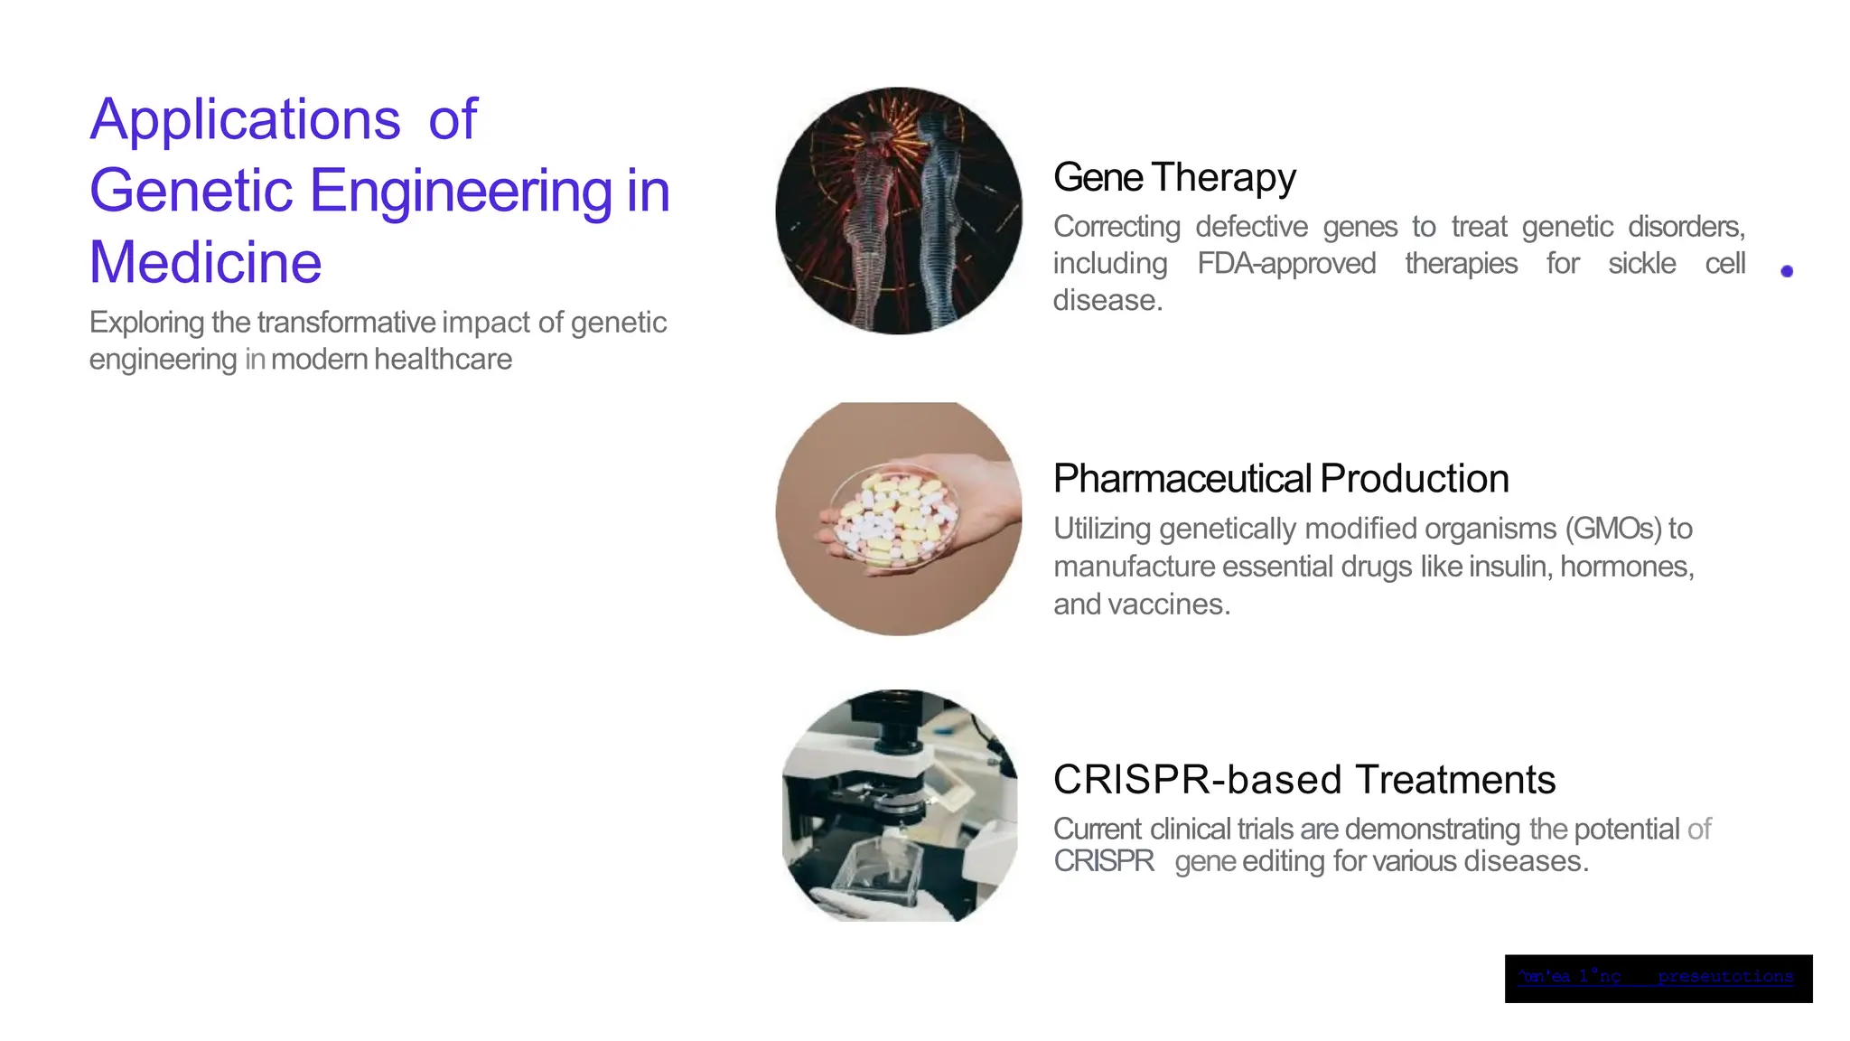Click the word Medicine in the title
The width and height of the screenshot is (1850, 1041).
[x=205, y=262]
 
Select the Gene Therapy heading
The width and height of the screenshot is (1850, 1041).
[x=1174, y=177]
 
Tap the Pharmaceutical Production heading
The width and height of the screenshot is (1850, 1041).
[x=1280, y=478]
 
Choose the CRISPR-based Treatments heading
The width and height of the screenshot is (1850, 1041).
[x=1303, y=779]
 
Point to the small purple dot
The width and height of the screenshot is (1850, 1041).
[x=1786, y=271]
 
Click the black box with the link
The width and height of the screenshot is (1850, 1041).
[x=1658, y=978]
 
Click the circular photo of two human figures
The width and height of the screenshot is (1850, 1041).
[x=899, y=211]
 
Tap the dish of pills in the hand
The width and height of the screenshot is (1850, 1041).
[x=894, y=517]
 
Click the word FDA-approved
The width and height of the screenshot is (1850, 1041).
[x=1286, y=264]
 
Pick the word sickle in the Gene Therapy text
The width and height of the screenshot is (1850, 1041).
[x=1641, y=264]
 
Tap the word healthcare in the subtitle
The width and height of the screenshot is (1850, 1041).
[x=443, y=360]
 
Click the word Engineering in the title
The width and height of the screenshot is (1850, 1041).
[x=461, y=191]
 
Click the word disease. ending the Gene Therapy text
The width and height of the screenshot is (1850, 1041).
[x=1107, y=301]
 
